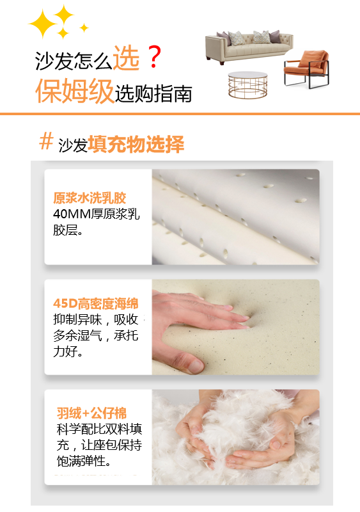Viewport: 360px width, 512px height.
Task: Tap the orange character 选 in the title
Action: point(126,58)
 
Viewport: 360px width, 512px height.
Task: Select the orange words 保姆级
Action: point(74,91)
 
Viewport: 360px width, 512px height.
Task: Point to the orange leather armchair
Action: point(306,68)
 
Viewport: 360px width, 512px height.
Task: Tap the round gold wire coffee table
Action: point(247,85)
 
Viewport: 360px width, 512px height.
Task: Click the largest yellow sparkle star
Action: point(42,24)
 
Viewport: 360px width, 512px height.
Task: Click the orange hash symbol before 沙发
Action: point(46,141)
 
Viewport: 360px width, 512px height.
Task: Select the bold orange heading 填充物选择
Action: point(136,144)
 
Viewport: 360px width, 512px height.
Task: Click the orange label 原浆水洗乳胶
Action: point(90,198)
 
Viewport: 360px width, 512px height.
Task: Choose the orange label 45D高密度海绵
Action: point(96,303)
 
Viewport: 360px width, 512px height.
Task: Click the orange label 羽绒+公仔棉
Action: point(91,413)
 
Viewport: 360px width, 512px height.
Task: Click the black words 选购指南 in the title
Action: point(153,93)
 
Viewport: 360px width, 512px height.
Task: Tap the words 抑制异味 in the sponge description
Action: point(77,319)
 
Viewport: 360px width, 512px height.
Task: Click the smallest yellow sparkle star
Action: point(84,28)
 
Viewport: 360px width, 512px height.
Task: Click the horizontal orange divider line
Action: point(180,114)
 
